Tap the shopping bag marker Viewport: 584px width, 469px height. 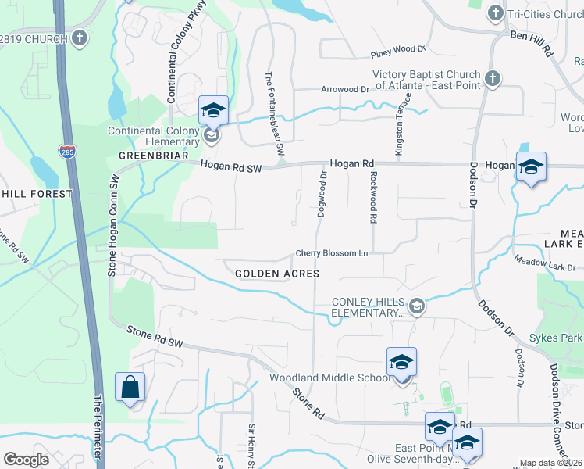pos(130,388)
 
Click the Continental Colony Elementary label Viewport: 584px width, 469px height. pos(153,136)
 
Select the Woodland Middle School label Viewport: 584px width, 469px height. pos(329,378)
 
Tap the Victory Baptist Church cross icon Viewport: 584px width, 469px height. pos(492,78)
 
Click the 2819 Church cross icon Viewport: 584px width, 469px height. pos(80,38)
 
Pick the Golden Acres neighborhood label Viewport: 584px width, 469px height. pos(277,274)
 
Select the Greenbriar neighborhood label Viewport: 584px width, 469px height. pos(154,156)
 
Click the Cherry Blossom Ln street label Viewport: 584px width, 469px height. pos(331,253)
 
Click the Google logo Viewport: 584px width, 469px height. pos(26,459)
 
